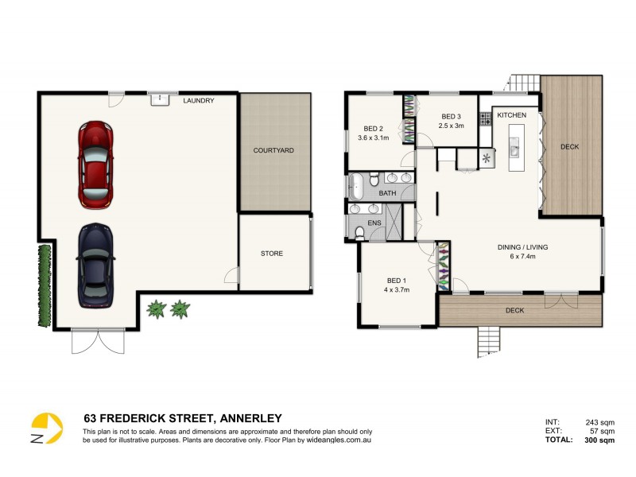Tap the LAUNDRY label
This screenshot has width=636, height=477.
click(x=199, y=101)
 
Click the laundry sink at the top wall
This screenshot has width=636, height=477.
click(x=160, y=98)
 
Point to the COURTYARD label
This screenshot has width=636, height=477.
click(x=273, y=150)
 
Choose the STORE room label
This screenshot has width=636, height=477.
click(x=272, y=254)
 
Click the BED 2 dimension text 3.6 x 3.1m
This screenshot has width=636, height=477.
click(x=374, y=138)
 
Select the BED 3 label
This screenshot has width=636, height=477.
click(x=451, y=115)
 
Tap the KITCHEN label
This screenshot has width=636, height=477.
click(x=511, y=116)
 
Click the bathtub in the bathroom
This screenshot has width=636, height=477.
click(x=356, y=188)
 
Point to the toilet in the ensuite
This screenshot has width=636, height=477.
click(x=359, y=232)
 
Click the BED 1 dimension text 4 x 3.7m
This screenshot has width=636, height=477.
click(x=397, y=290)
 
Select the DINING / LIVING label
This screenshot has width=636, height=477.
click(x=522, y=247)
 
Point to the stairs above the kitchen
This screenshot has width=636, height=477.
click(x=524, y=81)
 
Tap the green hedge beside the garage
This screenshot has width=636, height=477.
click(x=44, y=285)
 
